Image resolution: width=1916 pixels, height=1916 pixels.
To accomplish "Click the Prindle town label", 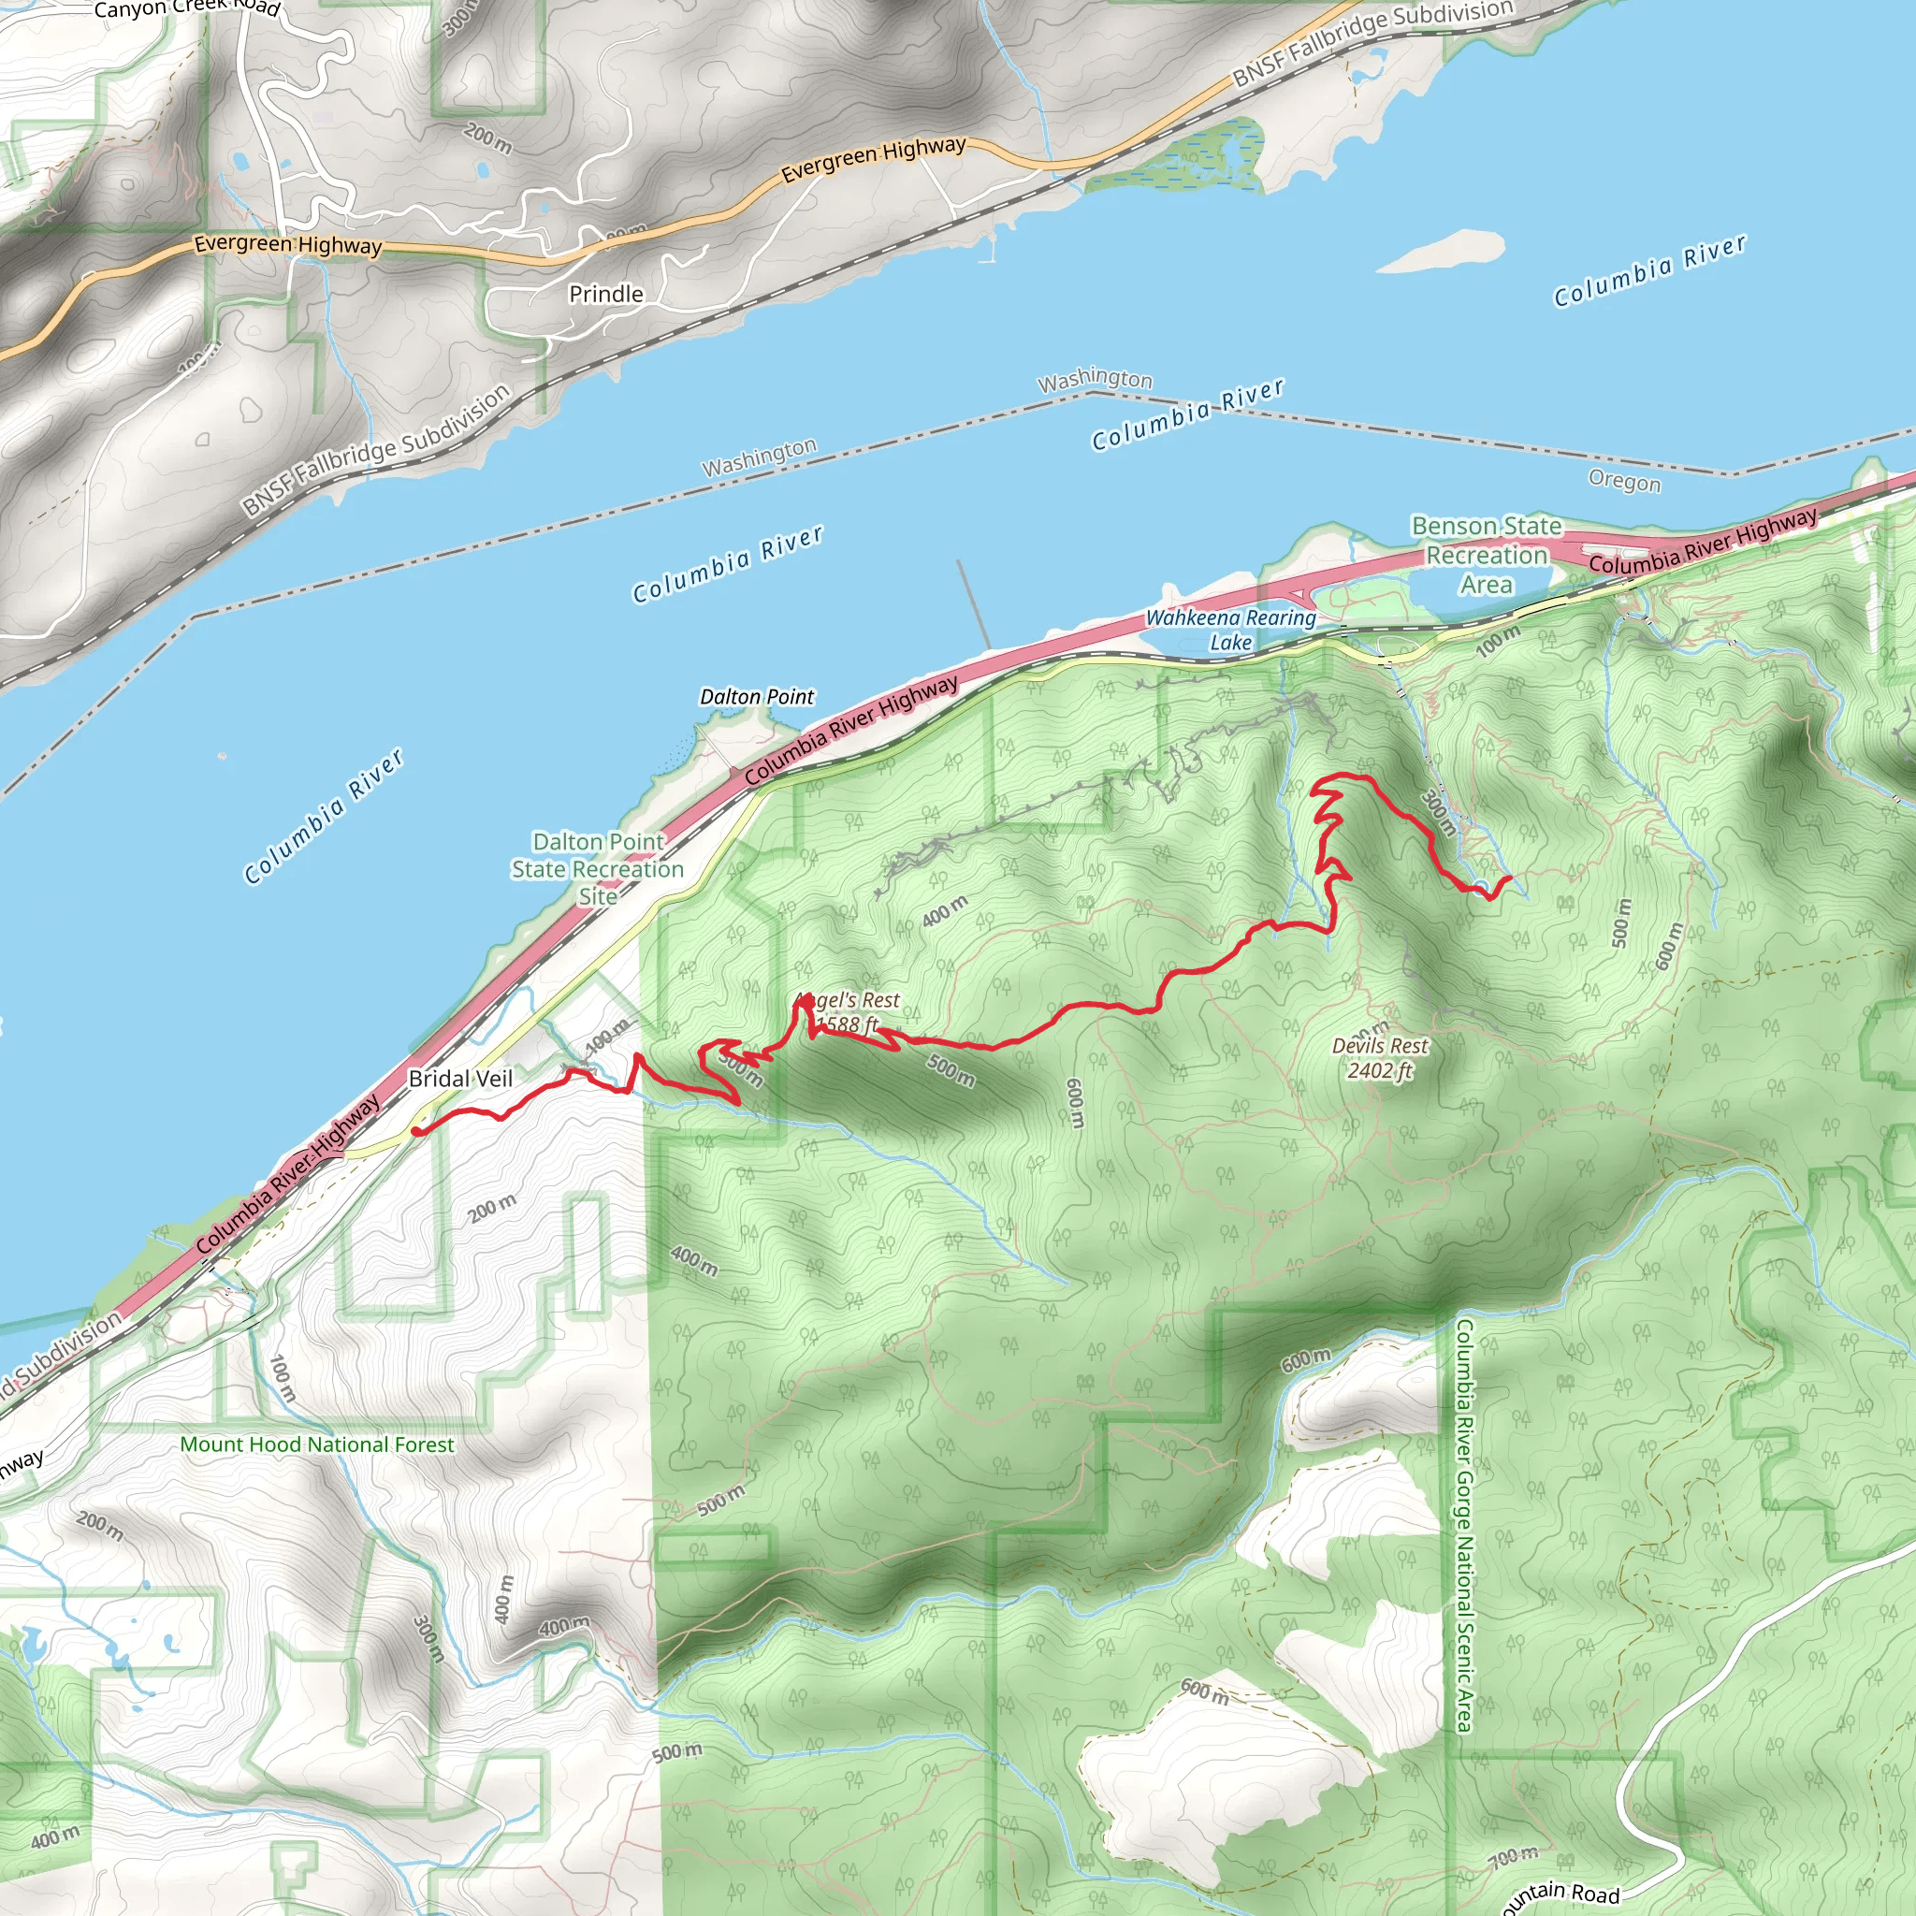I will point(606,294).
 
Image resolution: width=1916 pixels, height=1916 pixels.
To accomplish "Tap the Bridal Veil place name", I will point(460,1078).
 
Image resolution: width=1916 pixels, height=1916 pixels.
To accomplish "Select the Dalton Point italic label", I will point(757,696).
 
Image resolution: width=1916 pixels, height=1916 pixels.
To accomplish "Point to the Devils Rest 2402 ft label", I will point(1380,1057).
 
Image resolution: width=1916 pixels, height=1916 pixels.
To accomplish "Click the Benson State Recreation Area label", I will point(1486,556).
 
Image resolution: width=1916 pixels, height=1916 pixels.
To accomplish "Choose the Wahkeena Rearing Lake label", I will point(1231,630).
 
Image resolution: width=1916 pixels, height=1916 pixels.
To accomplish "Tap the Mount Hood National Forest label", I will point(316,1444).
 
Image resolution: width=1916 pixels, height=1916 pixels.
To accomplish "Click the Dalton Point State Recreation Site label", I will point(598,869).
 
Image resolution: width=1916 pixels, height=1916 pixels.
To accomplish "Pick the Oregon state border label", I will point(1623,481).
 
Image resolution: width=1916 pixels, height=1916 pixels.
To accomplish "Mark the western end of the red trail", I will point(415,1130).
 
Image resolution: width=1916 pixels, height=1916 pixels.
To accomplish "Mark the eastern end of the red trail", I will point(1508,878).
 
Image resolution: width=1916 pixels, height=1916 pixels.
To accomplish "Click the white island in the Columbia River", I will point(1443,250).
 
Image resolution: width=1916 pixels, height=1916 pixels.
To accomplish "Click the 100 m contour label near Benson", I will point(1498,642).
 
